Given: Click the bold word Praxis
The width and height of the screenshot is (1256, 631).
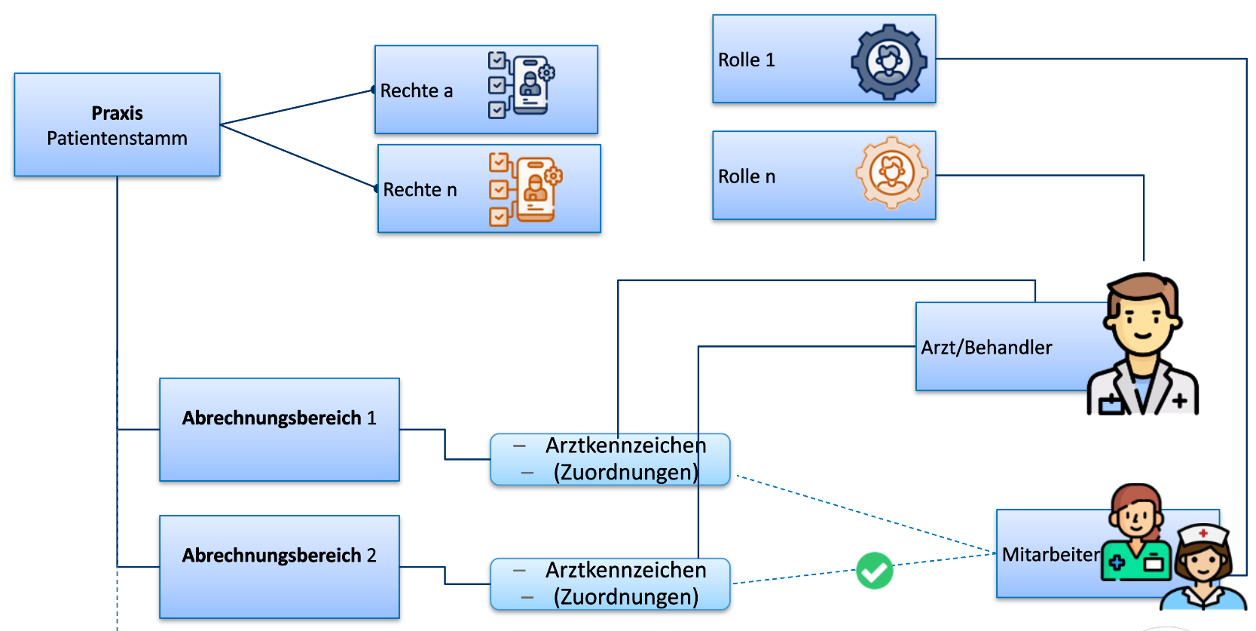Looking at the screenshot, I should click(117, 113).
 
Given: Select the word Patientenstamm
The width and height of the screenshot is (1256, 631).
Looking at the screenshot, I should click(117, 138).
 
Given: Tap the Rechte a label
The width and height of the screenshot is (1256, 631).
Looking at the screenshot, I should click(416, 91).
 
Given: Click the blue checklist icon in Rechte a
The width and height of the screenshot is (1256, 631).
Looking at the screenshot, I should click(521, 85).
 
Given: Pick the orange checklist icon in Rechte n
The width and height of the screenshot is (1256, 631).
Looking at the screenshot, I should click(524, 188).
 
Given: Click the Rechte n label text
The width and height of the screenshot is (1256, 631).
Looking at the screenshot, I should click(420, 190).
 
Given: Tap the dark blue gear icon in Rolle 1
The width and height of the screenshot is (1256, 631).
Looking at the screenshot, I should click(889, 62).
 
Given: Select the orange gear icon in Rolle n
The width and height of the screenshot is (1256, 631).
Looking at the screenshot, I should click(891, 173).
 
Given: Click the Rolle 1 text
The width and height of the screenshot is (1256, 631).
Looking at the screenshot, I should click(746, 60).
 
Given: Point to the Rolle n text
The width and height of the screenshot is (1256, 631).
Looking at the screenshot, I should click(746, 177).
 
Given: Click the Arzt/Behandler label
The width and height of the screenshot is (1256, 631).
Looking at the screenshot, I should click(986, 348).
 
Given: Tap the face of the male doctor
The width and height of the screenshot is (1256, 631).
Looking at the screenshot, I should click(1141, 320).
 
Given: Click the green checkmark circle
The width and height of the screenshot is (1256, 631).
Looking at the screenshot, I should click(874, 571).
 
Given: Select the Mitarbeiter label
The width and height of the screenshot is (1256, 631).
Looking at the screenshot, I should click(1050, 555).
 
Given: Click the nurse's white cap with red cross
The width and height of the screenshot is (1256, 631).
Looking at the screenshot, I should click(1203, 534).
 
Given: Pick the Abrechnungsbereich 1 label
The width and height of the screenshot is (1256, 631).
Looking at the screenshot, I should click(279, 418).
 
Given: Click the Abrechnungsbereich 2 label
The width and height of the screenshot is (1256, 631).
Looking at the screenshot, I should click(279, 556).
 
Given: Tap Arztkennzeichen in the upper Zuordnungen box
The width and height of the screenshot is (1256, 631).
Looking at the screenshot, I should click(625, 446).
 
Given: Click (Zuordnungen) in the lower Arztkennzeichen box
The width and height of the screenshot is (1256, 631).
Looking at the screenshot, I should click(625, 597).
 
